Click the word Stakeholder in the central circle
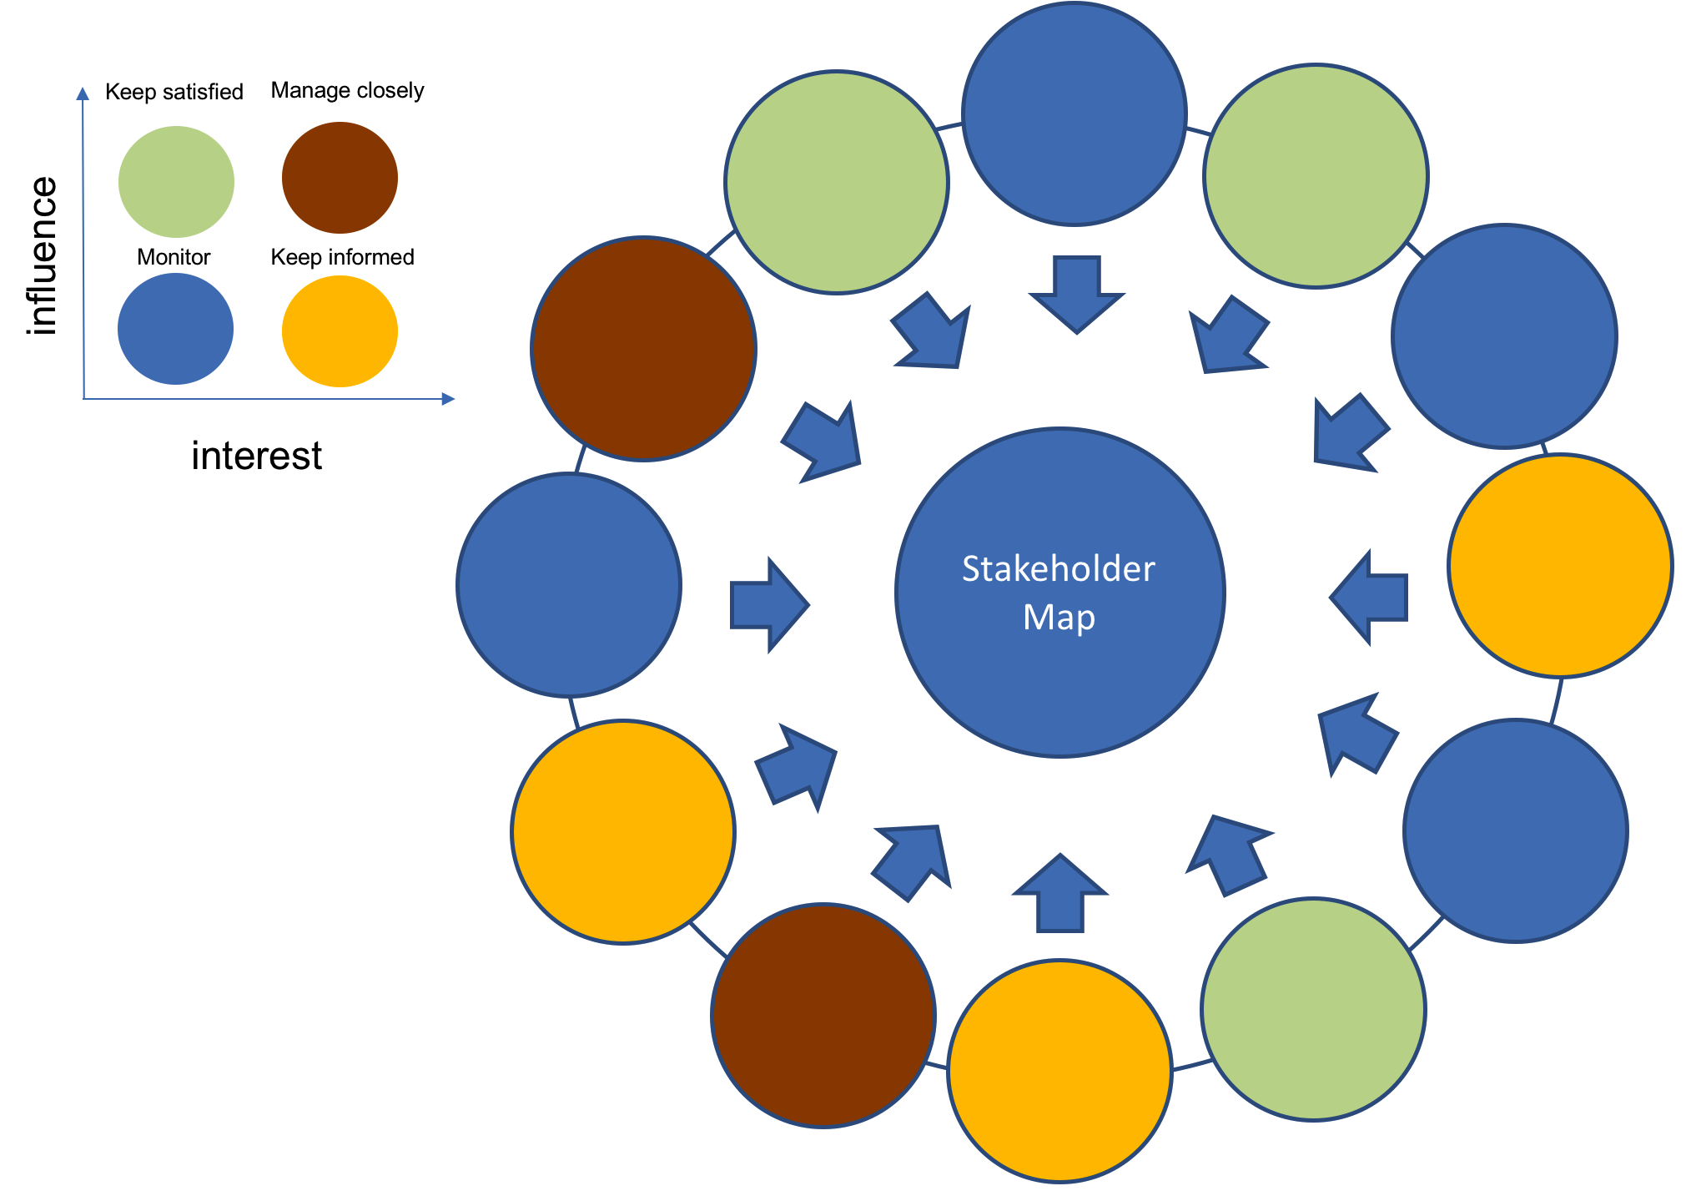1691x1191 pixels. click(1058, 569)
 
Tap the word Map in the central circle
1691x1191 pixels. click(1059, 618)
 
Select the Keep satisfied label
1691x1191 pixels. click(174, 92)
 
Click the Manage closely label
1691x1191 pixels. click(347, 90)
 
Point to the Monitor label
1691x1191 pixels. click(174, 257)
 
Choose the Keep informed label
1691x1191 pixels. click(342, 257)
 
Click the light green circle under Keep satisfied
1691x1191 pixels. click(176, 182)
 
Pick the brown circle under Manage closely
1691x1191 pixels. click(340, 178)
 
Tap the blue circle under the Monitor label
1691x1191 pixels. click(175, 329)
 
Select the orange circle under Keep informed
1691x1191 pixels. click(340, 331)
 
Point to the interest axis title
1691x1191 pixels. click(256, 456)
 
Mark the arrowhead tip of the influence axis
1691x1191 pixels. click(83, 88)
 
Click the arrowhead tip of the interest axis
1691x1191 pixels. click(452, 399)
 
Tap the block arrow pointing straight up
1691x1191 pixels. click(1060, 893)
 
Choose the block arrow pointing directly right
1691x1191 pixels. click(768, 605)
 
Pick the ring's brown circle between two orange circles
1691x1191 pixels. click(823, 1016)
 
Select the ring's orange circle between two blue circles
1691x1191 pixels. click(1560, 566)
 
